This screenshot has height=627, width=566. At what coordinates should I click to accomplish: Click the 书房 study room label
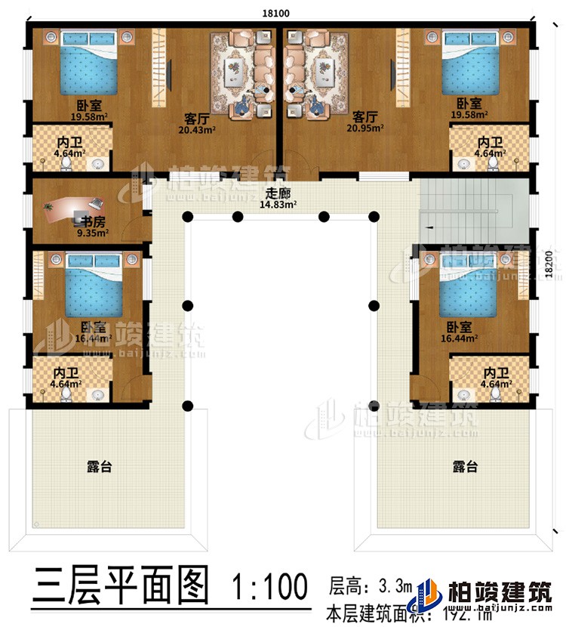click(94, 222)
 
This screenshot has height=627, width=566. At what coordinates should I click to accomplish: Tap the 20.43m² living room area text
click(195, 128)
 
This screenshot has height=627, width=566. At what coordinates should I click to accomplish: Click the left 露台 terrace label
click(99, 468)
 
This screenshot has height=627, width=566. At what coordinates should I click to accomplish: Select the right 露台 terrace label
click(466, 468)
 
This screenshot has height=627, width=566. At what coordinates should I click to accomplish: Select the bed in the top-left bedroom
click(90, 66)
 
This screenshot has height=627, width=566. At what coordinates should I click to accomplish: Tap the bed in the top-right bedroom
click(469, 66)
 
